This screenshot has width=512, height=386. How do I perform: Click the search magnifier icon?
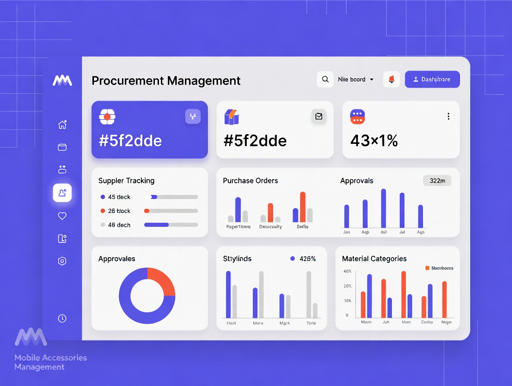325,79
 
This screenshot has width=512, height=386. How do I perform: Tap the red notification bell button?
391,79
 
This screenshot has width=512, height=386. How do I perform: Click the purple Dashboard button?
432,79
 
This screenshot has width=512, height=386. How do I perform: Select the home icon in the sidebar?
62,124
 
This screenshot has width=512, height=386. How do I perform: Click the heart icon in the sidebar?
62,216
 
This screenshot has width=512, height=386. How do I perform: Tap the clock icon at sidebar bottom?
62,318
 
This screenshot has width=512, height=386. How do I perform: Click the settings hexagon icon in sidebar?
62,261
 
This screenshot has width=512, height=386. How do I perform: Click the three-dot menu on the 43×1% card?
448,116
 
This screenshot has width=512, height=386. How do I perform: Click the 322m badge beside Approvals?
437,181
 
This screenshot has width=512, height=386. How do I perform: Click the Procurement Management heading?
166,81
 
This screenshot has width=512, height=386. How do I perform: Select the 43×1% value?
374,141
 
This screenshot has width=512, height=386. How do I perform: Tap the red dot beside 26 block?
103,211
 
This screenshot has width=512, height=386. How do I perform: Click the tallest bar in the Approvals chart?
384,208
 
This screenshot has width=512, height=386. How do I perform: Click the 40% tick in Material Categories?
347,271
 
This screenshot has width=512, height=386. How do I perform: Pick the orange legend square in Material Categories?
427,268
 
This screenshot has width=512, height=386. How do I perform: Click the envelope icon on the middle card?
319,116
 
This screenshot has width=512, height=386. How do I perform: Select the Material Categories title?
374,259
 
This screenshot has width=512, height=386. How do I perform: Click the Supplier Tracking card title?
127,181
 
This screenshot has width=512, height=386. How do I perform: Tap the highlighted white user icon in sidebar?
62,193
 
